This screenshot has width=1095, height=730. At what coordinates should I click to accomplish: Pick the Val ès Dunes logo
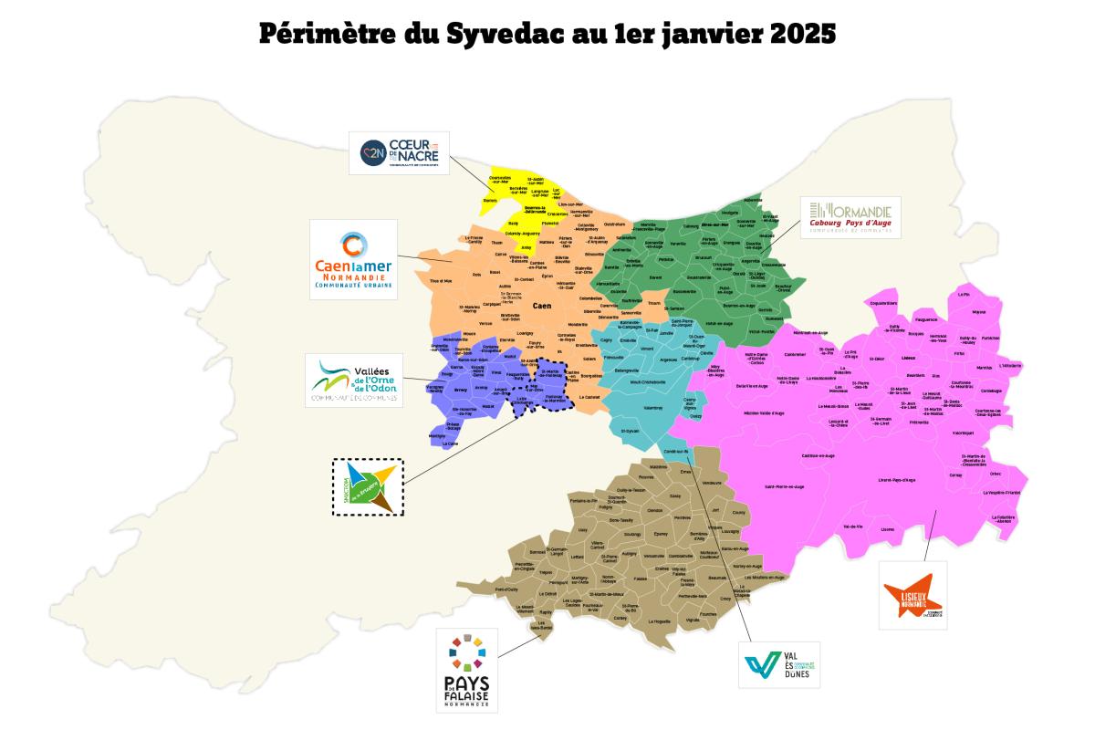click(x=778, y=665)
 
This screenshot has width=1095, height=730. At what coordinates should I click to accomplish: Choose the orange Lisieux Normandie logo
click(x=912, y=594)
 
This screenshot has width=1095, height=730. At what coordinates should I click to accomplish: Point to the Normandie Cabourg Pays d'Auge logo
click(x=850, y=217)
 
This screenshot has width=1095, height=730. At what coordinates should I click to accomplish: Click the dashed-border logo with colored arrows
click(x=367, y=486)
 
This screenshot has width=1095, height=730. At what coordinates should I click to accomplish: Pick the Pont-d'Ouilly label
click(x=506, y=589)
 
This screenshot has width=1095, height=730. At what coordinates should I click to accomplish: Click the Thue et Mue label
click(x=441, y=280)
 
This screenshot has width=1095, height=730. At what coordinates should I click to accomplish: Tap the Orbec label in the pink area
click(x=995, y=474)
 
